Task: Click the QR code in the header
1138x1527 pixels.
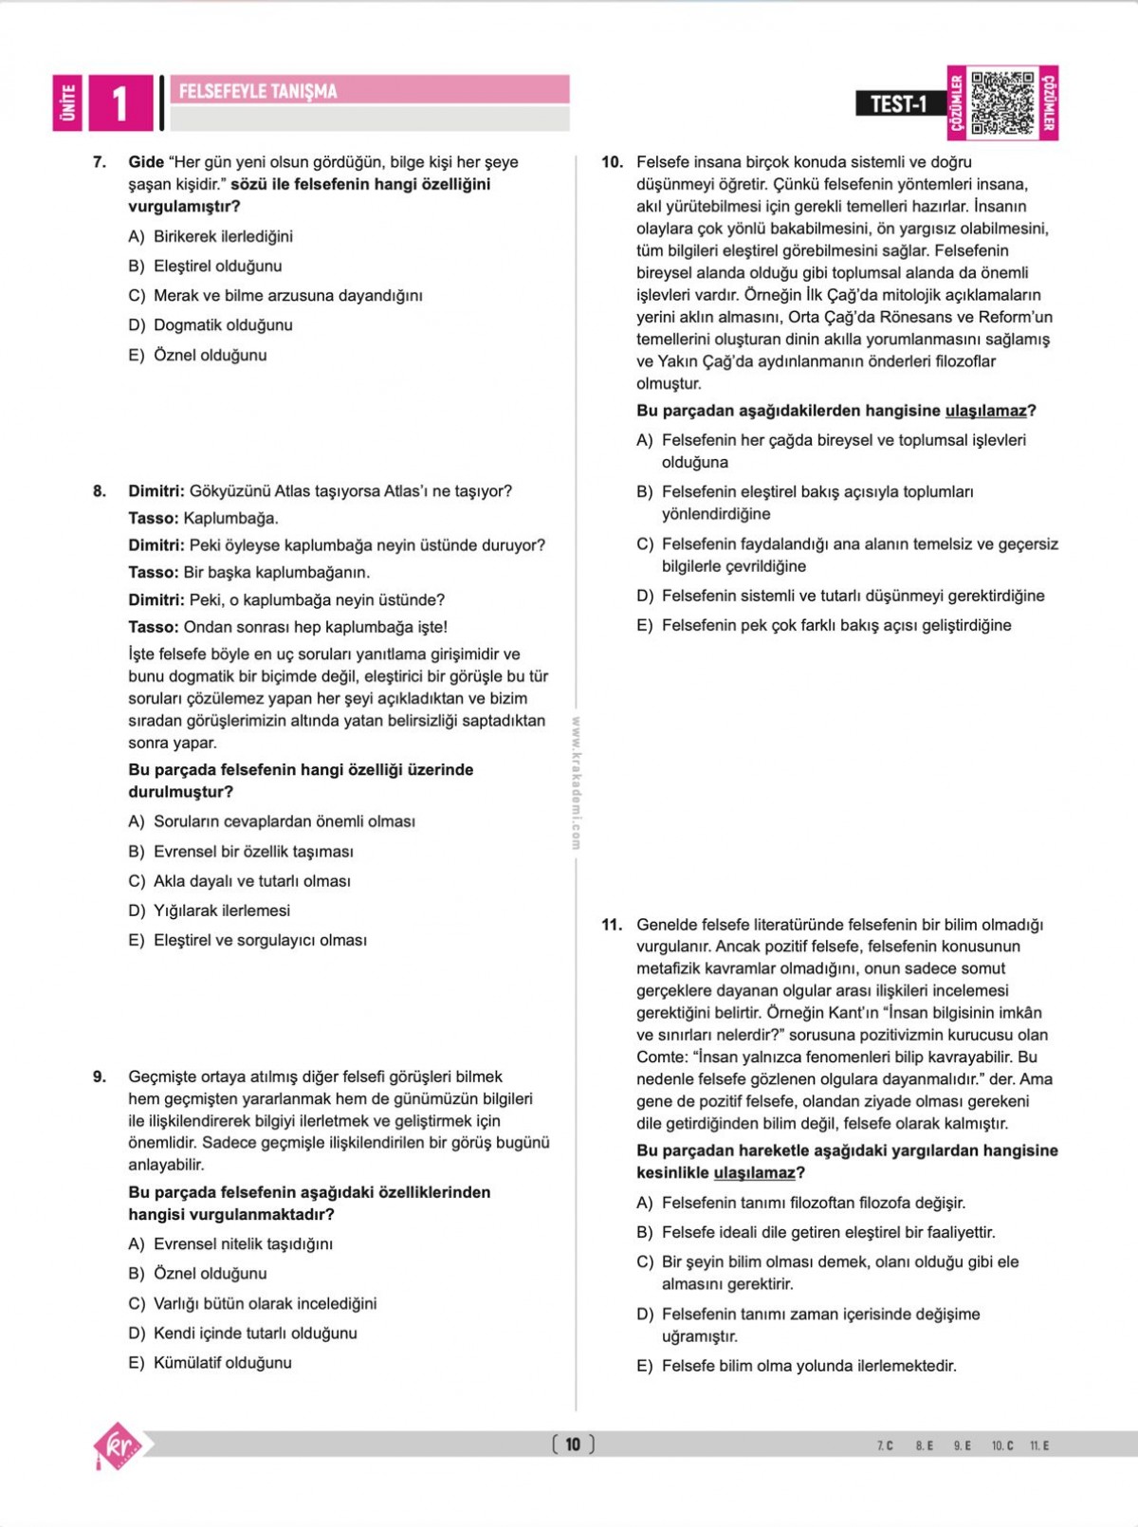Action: pos(1002,102)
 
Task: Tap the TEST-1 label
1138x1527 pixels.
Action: pos(898,103)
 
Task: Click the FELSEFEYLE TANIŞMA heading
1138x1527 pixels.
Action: pos(258,91)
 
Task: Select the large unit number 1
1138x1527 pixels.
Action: pos(119,103)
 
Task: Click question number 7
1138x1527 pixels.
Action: pos(100,162)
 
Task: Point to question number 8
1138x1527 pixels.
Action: pos(100,491)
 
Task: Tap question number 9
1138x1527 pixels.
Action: pos(100,1076)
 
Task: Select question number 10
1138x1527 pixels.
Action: pos(612,162)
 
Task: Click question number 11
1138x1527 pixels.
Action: pos(612,925)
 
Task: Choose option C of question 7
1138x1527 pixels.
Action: pos(287,296)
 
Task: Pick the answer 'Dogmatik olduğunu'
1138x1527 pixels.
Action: pos(223,325)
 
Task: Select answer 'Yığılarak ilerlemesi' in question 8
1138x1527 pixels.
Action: pos(222,911)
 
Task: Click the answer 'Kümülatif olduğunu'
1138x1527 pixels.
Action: pos(222,1363)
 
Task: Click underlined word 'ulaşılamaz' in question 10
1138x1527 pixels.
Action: pos(985,411)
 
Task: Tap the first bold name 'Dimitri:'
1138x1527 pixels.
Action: pos(156,491)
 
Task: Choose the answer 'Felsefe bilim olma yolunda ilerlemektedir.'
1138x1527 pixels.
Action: pos(809,1366)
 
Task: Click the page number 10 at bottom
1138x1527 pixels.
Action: pos(573,1444)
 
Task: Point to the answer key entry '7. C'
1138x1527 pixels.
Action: pos(885,1445)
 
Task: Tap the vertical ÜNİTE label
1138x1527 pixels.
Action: pos(67,103)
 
